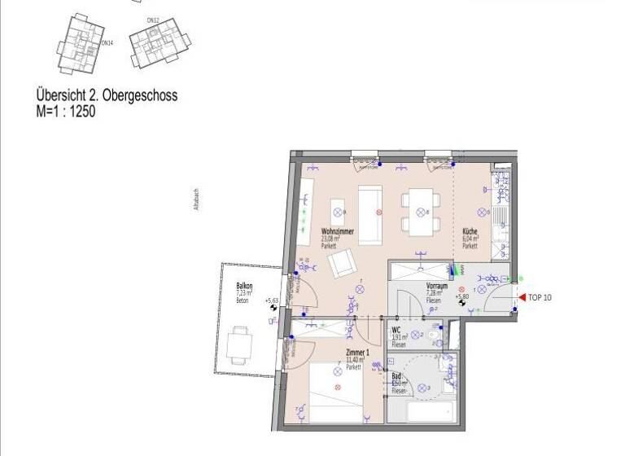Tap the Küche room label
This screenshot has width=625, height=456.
470,230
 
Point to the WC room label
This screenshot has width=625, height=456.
396,330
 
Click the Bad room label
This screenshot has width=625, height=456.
396,375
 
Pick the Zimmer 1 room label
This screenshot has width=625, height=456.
356,353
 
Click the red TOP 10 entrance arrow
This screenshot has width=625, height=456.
521,298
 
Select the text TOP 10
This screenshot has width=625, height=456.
540,298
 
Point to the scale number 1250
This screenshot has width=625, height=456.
81,112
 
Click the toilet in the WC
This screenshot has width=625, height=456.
435,335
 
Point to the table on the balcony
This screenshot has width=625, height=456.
240,344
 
